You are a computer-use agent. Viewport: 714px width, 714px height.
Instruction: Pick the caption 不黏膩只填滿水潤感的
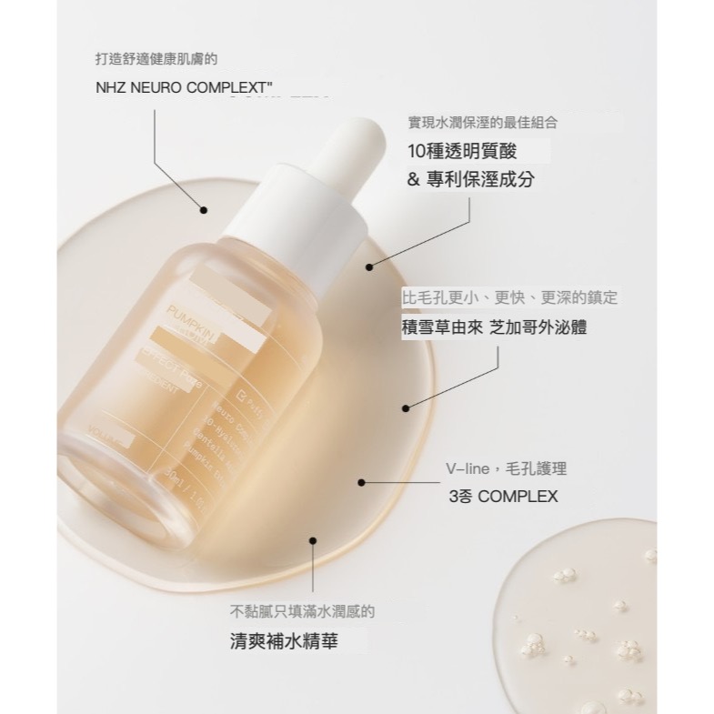tap(302, 612)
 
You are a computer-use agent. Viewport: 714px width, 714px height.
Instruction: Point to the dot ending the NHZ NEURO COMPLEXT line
tap(204, 210)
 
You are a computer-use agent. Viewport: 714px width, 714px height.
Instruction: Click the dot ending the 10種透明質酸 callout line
tap(369, 267)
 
